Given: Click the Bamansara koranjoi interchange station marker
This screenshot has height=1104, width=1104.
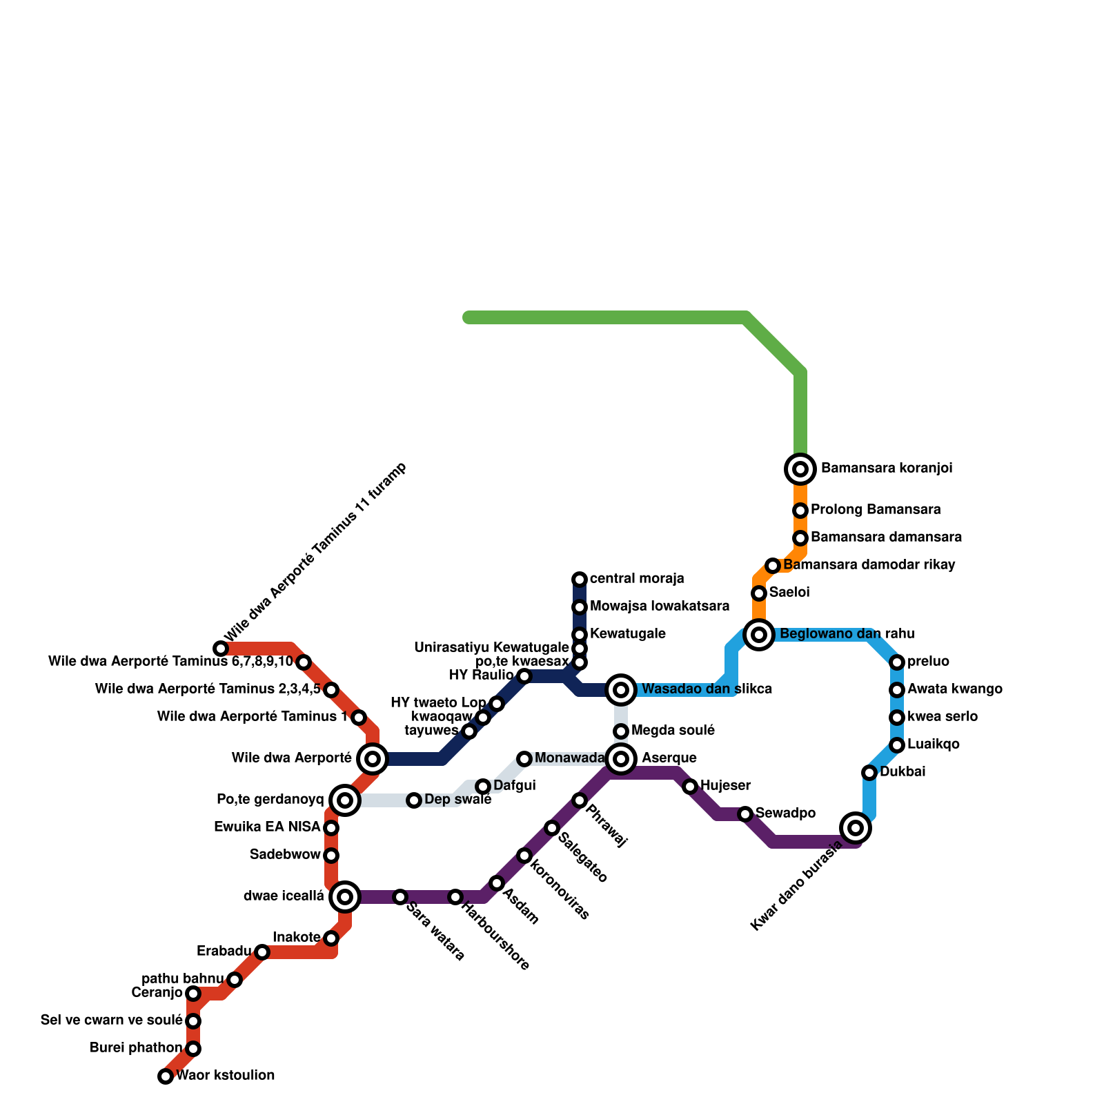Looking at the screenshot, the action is [x=800, y=469].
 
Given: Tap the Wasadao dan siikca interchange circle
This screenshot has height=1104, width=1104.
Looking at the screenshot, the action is [x=621, y=689].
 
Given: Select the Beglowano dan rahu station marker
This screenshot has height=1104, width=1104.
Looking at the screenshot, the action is [x=759, y=634].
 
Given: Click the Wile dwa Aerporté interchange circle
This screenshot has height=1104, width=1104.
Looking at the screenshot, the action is [x=373, y=759].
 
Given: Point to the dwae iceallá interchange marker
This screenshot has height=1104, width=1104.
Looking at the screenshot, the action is [x=345, y=897].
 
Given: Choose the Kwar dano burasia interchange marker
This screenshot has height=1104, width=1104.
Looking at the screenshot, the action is [x=856, y=827].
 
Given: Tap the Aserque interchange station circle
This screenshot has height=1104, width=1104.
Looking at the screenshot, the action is [x=621, y=759].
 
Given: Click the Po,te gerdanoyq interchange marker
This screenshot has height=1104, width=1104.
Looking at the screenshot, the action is [x=345, y=800].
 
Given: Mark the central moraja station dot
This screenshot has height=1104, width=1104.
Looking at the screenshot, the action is [x=580, y=579].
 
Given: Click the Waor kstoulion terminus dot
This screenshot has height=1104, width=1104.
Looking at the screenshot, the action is [x=166, y=1076].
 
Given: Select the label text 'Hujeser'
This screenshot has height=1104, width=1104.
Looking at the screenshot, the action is [x=725, y=786].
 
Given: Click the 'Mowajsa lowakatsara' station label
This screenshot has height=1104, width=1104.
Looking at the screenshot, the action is [x=660, y=607].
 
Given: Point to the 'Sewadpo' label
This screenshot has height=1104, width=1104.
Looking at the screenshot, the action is [x=785, y=814].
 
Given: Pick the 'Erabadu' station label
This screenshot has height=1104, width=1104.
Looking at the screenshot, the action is [x=224, y=952].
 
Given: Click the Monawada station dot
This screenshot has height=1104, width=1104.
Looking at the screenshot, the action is [x=524, y=759].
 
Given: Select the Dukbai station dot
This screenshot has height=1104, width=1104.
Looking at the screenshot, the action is [x=869, y=772].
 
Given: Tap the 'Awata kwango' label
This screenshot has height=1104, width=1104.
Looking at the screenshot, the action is [x=954, y=689].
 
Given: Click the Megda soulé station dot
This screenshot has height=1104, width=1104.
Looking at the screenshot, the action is [x=621, y=731].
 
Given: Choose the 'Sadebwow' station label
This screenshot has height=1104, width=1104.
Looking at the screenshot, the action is [x=285, y=855].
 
